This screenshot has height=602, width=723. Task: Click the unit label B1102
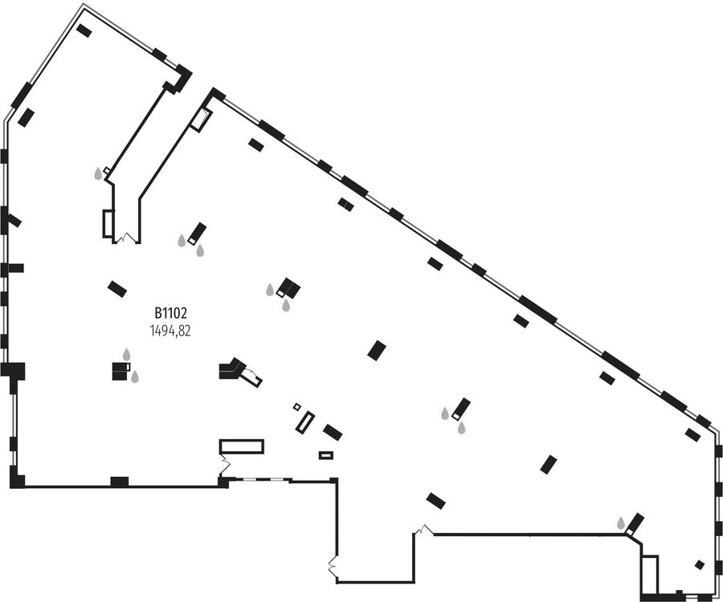pyautogui.click(x=170, y=314)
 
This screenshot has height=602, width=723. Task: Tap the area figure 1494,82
pyautogui.click(x=170, y=331)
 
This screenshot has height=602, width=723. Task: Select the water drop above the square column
pyautogui.click(x=126, y=354)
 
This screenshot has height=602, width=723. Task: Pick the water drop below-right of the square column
pyautogui.click(x=135, y=377)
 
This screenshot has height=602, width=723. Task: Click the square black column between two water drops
pyautogui.click(x=121, y=372)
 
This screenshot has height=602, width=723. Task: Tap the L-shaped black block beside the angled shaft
pyautogui.click(x=231, y=368)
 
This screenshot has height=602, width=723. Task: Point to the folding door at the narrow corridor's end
pyautogui.click(x=126, y=238)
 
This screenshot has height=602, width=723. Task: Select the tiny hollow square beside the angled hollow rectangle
pyautogui.click(x=297, y=407)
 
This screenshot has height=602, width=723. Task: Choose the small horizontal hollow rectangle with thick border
pyautogui.click(x=326, y=455)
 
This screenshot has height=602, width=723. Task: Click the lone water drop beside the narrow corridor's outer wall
pyautogui.click(x=98, y=173)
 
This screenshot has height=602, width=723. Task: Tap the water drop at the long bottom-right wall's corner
pyautogui.click(x=621, y=523)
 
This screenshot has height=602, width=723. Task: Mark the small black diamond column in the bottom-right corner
pyautogui.click(x=700, y=565)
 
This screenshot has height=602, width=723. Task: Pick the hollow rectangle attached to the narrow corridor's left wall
pyautogui.click(x=108, y=224)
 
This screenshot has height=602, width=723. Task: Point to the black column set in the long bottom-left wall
pyautogui.click(x=120, y=482)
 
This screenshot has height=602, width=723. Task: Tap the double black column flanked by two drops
pyautogui.click(x=288, y=289)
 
